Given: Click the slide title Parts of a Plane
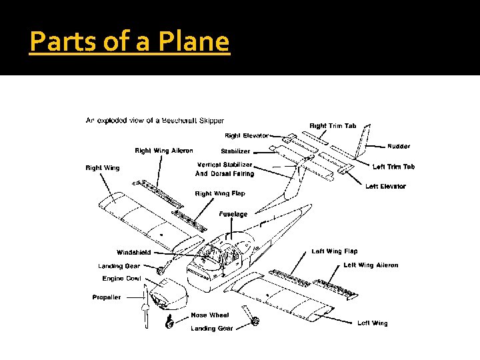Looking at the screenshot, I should click(130, 42).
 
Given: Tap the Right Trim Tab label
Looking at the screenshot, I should click(333, 125).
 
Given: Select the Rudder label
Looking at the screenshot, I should click(399, 146).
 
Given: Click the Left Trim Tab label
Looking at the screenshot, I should click(393, 167).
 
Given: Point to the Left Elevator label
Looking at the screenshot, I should click(385, 187).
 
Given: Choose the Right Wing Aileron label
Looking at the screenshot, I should click(163, 151).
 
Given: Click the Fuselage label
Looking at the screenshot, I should click(233, 214).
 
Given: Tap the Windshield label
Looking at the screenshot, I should click(133, 253).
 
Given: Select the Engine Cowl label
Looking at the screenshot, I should click(123, 278).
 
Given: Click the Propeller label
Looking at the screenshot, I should click(107, 297).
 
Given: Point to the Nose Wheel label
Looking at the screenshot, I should click(210, 315).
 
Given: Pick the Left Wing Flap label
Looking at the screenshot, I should click(335, 251).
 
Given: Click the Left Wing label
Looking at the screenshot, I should click(372, 323).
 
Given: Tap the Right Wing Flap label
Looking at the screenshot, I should click(220, 193).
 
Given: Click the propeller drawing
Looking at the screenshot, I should click(145, 314).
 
